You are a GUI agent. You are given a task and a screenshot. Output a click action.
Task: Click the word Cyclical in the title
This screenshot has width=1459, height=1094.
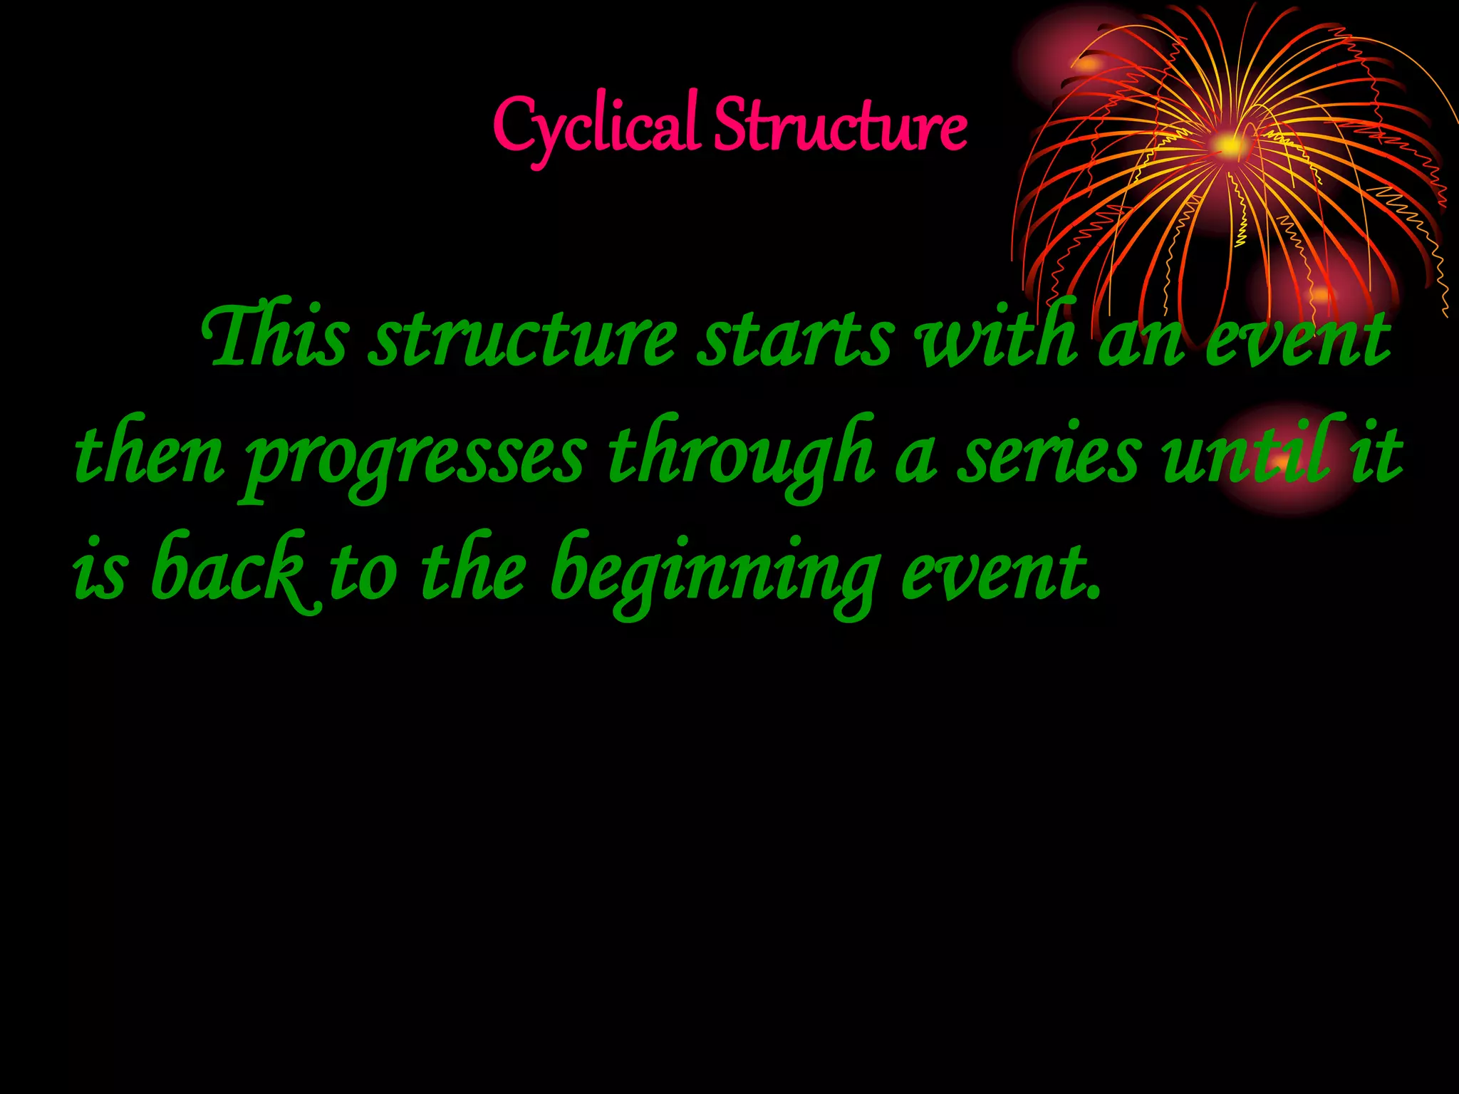595,127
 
